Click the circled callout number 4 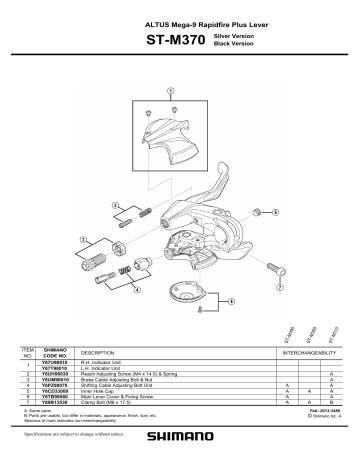point(137,291)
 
